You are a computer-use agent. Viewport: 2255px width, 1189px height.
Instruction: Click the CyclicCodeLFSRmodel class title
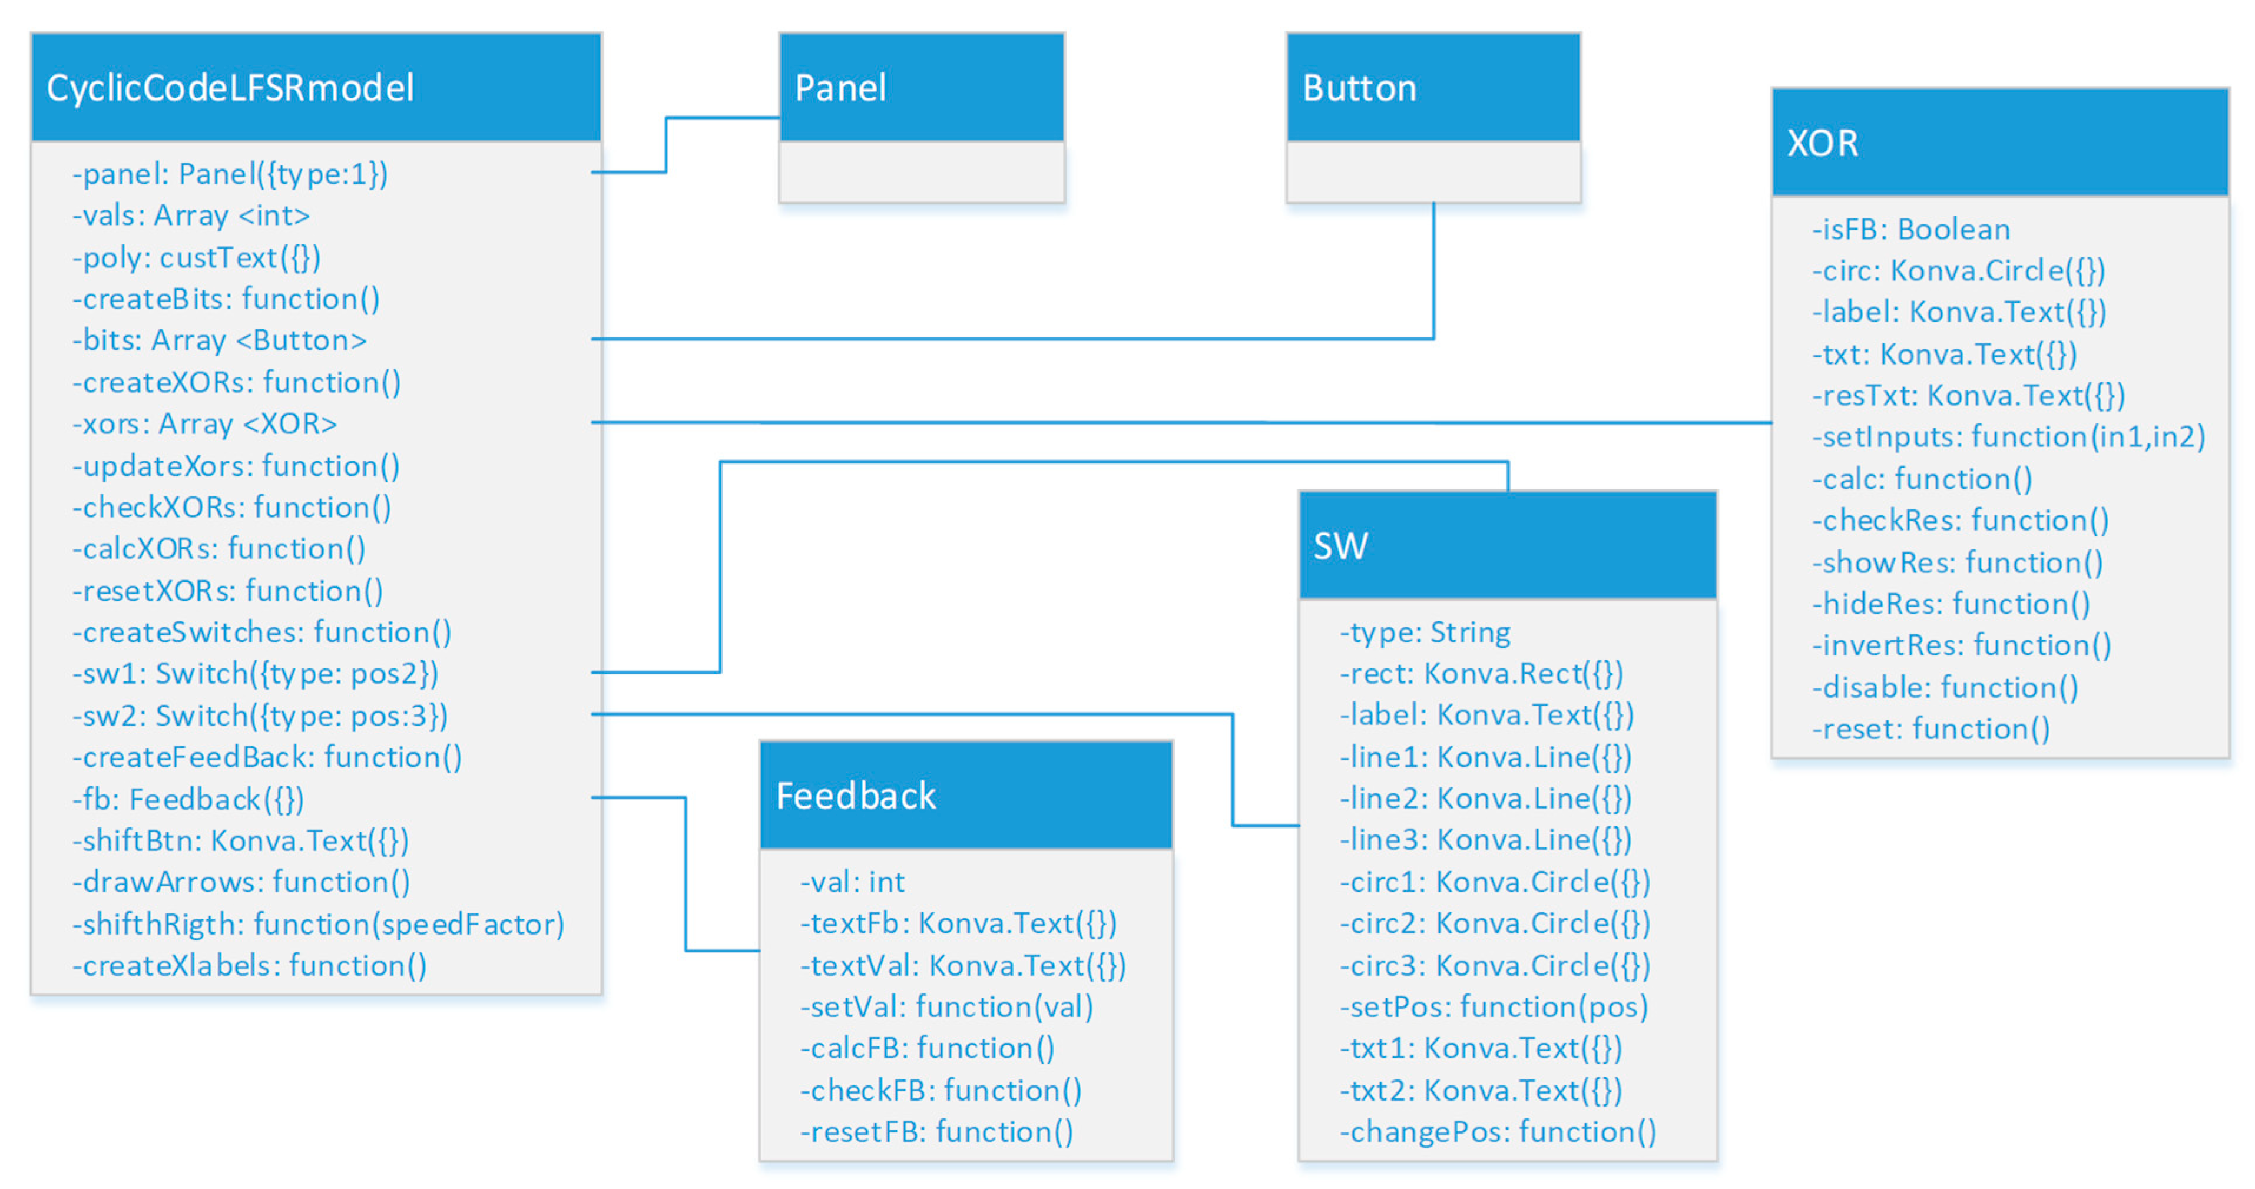tap(229, 88)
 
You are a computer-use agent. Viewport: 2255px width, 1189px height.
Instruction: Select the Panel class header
tap(840, 88)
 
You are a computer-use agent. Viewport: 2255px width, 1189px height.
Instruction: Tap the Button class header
tap(1359, 88)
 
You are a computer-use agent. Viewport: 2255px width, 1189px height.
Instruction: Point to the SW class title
tap(1340, 547)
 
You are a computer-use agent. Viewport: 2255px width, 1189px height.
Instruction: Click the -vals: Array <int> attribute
tap(191, 216)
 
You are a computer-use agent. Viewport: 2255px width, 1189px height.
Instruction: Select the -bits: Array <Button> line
tap(219, 340)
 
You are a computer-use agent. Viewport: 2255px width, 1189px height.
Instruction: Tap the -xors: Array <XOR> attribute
tap(204, 424)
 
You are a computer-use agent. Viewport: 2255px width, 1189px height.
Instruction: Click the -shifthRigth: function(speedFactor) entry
tap(318, 924)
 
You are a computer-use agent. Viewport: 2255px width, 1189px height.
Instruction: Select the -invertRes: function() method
tap(1961, 645)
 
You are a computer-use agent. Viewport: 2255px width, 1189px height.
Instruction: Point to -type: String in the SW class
tap(1424, 632)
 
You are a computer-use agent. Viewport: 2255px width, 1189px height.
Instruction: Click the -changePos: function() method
tap(1497, 1131)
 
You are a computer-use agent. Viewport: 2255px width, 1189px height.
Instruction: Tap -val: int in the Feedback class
tap(852, 882)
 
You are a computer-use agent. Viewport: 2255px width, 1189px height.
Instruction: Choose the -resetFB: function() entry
tap(936, 1131)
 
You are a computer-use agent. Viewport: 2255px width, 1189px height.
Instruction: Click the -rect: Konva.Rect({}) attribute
tap(1481, 673)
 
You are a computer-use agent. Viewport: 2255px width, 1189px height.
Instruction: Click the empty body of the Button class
tap(1433, 171)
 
